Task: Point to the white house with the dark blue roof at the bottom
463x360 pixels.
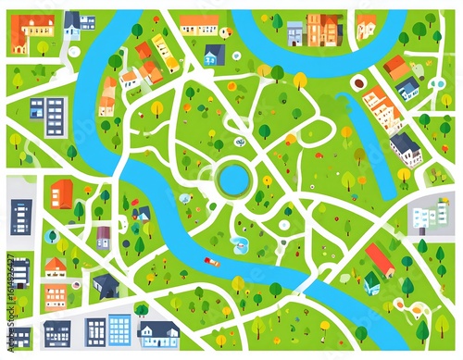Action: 158,332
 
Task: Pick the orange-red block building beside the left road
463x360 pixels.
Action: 62,193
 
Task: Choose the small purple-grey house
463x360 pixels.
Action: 104,237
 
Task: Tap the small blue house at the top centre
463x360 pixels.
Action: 214,56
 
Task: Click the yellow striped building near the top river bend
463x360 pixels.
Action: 166,52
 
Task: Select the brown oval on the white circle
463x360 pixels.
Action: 358,84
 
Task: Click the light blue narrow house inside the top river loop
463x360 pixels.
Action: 295,34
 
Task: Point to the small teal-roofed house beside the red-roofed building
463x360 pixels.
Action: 371,282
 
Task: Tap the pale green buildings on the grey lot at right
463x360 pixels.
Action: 429,218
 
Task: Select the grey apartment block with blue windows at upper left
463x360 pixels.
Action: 56,117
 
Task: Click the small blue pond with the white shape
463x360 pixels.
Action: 241,244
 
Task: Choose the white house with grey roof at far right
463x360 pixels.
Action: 405,146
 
